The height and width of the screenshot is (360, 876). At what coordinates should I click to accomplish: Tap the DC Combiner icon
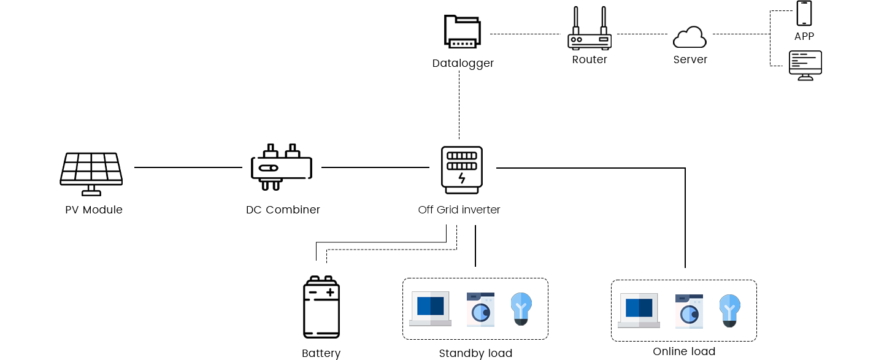point(282,167)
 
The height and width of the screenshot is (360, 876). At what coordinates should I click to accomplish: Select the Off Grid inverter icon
point(462,170)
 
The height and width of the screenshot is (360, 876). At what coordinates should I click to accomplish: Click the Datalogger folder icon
point(463,32)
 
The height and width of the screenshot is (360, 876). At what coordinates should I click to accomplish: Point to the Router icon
point(590,28)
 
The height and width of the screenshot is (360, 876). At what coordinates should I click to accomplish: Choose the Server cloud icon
point(690,37)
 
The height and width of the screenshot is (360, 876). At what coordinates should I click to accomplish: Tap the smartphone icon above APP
point(804,13)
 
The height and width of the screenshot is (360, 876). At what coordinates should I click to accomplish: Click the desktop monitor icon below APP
point(805,66)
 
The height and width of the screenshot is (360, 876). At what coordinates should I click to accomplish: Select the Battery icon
point(321,307)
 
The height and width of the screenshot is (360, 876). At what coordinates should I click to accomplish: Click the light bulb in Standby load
point(521,309)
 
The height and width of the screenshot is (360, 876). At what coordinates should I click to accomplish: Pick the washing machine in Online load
point(689,311)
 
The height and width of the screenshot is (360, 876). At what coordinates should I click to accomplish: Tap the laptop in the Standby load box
point(430,308)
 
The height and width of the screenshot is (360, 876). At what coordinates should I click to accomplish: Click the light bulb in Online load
point(730,311)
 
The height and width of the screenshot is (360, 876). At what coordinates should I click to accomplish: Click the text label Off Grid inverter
point(459,210)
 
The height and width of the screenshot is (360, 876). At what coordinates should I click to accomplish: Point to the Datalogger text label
point(463,63)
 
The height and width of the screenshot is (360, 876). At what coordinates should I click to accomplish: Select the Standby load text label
point(475,353)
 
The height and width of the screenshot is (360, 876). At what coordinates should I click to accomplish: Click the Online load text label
point(684,351)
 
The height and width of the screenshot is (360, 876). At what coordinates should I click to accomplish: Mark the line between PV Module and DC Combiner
point(188,167)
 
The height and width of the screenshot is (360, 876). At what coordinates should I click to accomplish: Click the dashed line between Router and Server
point(642,34)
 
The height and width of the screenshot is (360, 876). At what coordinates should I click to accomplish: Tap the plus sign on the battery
point(331,293)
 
